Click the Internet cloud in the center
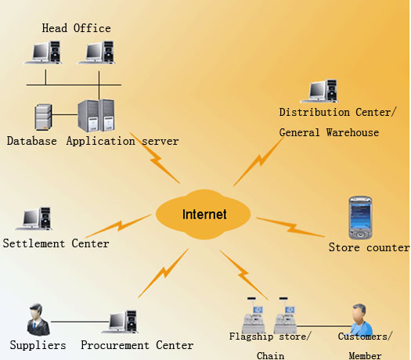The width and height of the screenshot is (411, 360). click(203, 214)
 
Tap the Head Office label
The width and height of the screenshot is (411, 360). click(76, 28)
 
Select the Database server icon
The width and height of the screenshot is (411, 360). click(44, 117)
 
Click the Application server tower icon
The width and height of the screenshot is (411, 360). click(96, 116)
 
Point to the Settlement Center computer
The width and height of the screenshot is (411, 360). click(34, 219)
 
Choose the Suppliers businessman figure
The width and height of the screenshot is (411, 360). click(38, 319)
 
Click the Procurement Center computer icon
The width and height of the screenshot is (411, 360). click(120, 322)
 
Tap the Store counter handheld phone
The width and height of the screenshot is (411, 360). click(360, 218)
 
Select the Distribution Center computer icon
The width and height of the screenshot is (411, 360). click(319, 91)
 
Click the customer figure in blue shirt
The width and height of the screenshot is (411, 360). click(361, 319)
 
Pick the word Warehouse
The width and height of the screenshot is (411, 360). click(352, 132)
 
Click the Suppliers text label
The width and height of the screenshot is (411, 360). click(38, 345)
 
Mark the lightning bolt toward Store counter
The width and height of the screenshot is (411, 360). click(290, 227)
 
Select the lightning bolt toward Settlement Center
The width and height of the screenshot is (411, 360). click(118, 225)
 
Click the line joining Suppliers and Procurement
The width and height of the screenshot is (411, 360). click(80, 322)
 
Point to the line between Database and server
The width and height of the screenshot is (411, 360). click(65, 114)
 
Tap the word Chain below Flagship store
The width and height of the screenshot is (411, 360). click(270, 355)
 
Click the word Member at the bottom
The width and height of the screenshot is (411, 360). click(365, 355)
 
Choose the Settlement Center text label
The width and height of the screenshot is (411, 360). click(56, 243)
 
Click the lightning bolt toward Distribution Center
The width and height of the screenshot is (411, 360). click(258, 161)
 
